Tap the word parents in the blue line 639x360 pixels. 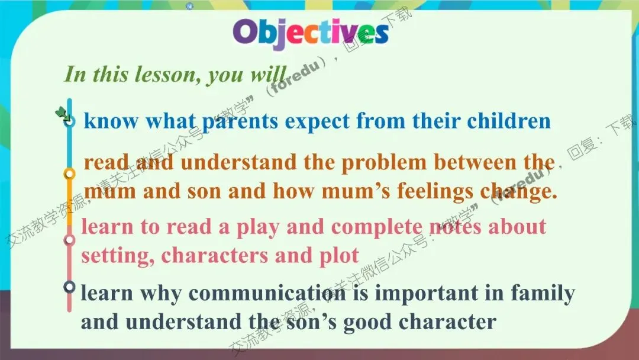tap(240, 121)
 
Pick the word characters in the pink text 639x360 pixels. tap(214, 256)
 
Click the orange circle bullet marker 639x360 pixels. tap(70, 174)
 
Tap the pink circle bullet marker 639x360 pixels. tap(70, 240)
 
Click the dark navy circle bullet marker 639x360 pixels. tap(70, 287)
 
